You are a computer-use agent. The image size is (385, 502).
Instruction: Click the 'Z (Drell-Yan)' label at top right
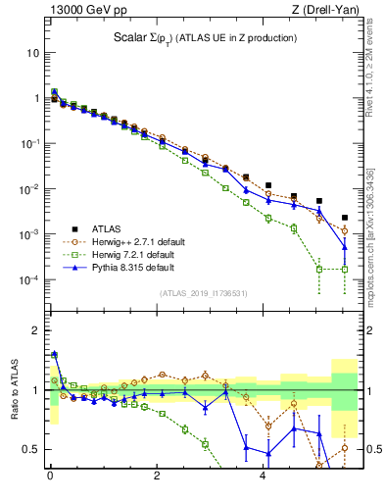point(326,10)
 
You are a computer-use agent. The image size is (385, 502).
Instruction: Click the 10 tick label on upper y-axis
point(33,52)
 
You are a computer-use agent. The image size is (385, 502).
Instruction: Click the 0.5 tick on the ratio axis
point(32,450)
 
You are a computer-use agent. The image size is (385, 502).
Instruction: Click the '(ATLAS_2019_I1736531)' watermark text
point(204,293)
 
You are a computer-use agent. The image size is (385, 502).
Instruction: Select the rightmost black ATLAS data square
point(344,218)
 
